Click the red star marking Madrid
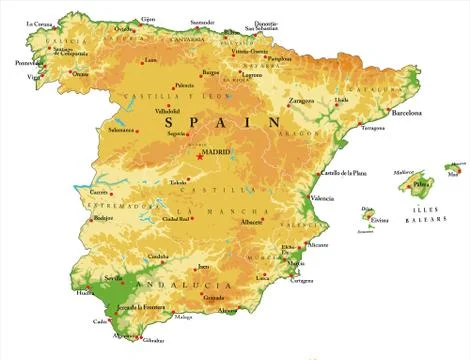click(200, 156)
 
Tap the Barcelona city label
click(407, 113)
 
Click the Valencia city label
click(322, 198)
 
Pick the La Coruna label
click(40, 23)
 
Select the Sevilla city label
click(113, 278)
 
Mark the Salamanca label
click(121, 129)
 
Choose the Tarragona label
click(372, 128)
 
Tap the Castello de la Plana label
click(343, 173)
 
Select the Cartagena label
click(299, 280)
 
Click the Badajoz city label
click(101, 217)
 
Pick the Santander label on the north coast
click(202, 21)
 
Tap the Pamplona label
click(280, 58)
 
